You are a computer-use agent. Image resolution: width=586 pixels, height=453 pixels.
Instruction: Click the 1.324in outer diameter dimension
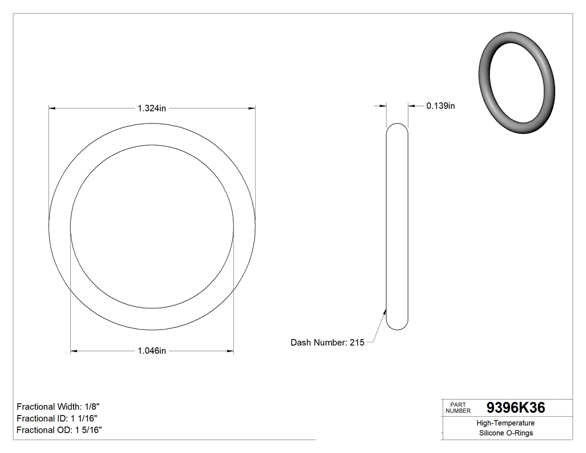tap(152, 108)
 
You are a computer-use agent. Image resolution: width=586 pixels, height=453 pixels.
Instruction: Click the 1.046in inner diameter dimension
tap(152, 351)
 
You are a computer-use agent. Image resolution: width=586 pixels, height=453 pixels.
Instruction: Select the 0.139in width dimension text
tap(440, 106)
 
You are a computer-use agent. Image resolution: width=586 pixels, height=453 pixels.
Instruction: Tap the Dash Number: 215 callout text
tap(327, 342)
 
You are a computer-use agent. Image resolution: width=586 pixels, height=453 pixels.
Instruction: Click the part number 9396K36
tap(516, 408)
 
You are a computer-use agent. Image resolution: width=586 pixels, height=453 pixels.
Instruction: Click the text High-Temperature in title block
tap(506, 423)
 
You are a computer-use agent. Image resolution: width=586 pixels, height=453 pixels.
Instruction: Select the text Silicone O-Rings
tap(506, 433)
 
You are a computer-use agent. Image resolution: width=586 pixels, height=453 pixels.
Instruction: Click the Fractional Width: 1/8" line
tap(58, 407)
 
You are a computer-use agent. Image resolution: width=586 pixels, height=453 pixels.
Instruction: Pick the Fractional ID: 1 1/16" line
tap(58, 418)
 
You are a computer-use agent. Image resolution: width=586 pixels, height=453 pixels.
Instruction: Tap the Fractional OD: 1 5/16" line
tap(59, 430)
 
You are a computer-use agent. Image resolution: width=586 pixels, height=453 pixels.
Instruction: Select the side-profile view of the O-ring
tap(397, 226)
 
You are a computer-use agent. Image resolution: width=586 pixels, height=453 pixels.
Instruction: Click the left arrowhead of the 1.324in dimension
tap(52, 108)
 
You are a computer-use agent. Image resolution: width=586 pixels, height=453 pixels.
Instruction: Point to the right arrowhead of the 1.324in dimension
tap(252, 108)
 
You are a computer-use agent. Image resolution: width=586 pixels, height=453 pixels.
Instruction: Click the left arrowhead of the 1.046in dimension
tap(74, 351)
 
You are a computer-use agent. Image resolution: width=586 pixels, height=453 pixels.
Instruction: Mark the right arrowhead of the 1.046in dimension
tap(230, 351)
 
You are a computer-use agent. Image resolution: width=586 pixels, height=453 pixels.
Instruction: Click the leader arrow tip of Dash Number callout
tap(386, 311)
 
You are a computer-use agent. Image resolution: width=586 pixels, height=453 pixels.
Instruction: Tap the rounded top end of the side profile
tap(397, 125)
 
